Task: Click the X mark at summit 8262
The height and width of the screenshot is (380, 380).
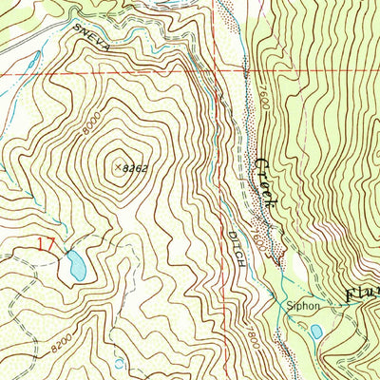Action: pos(119,165)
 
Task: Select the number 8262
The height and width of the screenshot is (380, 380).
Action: pos(138,167)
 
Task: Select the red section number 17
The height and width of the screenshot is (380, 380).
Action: pos(45,245)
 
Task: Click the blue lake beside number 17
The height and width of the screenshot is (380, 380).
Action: pos(74,266)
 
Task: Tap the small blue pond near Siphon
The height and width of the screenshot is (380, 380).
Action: pos(315,332)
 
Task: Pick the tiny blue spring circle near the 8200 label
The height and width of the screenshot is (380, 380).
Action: pos(118,363)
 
